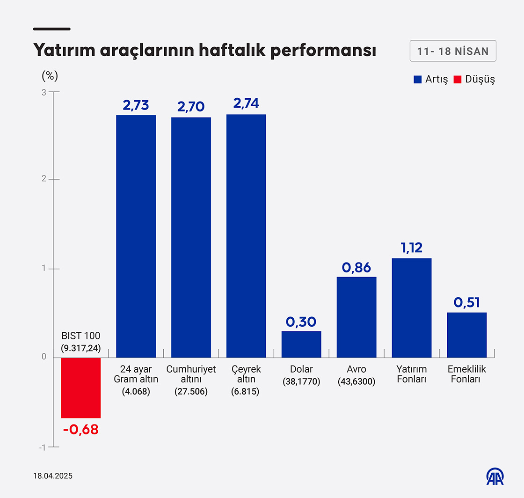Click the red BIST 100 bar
coord(80,388)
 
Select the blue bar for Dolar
coord(301,344)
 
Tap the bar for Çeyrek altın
coord(246,236)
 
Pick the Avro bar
coord(357,317)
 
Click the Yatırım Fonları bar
coord(412,308)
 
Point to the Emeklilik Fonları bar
coord(467,335)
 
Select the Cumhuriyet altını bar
coord(191,237)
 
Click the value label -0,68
coord(80,429)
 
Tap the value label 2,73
coord(136,105)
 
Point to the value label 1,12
coord(412,248)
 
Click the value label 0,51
coord(467,302)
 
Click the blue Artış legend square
coord(418,79)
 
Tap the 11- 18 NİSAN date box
coord(453,51)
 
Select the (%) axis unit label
coord(50,75)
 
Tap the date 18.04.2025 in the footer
coord(53,476)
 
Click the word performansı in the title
coord(324,51)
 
